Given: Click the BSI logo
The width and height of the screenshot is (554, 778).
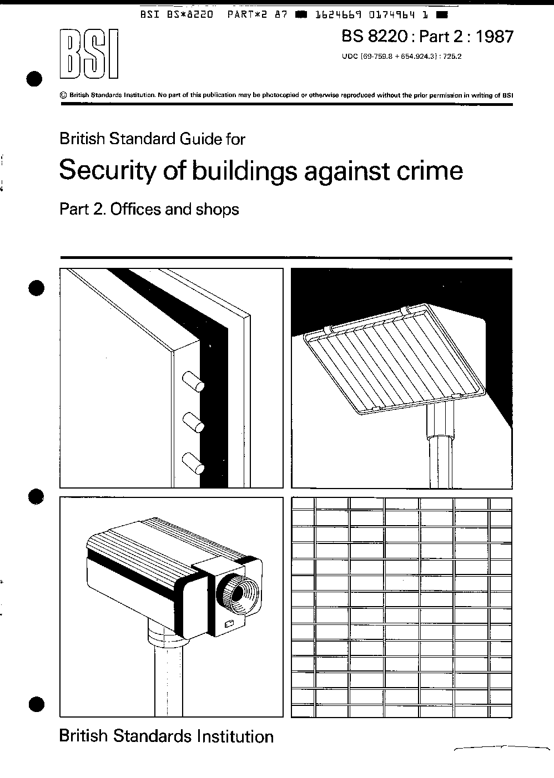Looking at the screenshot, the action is pos(89,54).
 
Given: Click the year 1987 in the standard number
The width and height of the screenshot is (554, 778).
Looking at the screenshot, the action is pos(494,37).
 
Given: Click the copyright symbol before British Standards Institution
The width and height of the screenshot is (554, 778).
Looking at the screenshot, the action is pos(63,95).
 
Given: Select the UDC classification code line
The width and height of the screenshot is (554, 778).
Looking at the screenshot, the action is pos(402,56).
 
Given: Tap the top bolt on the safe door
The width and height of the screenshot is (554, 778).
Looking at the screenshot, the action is pos(193,382).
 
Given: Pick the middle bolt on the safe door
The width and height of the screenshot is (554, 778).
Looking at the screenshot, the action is pos(193,423).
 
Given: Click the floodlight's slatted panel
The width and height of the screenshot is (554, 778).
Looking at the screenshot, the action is pos(395,359).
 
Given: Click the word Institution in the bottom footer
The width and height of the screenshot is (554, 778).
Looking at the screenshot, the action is pos(235,736).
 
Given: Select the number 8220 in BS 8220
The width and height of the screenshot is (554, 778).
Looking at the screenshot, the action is pos(387,37).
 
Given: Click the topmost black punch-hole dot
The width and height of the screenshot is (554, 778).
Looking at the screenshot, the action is pos(34,79).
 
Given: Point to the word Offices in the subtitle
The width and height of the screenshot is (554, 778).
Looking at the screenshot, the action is pos(137,210).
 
